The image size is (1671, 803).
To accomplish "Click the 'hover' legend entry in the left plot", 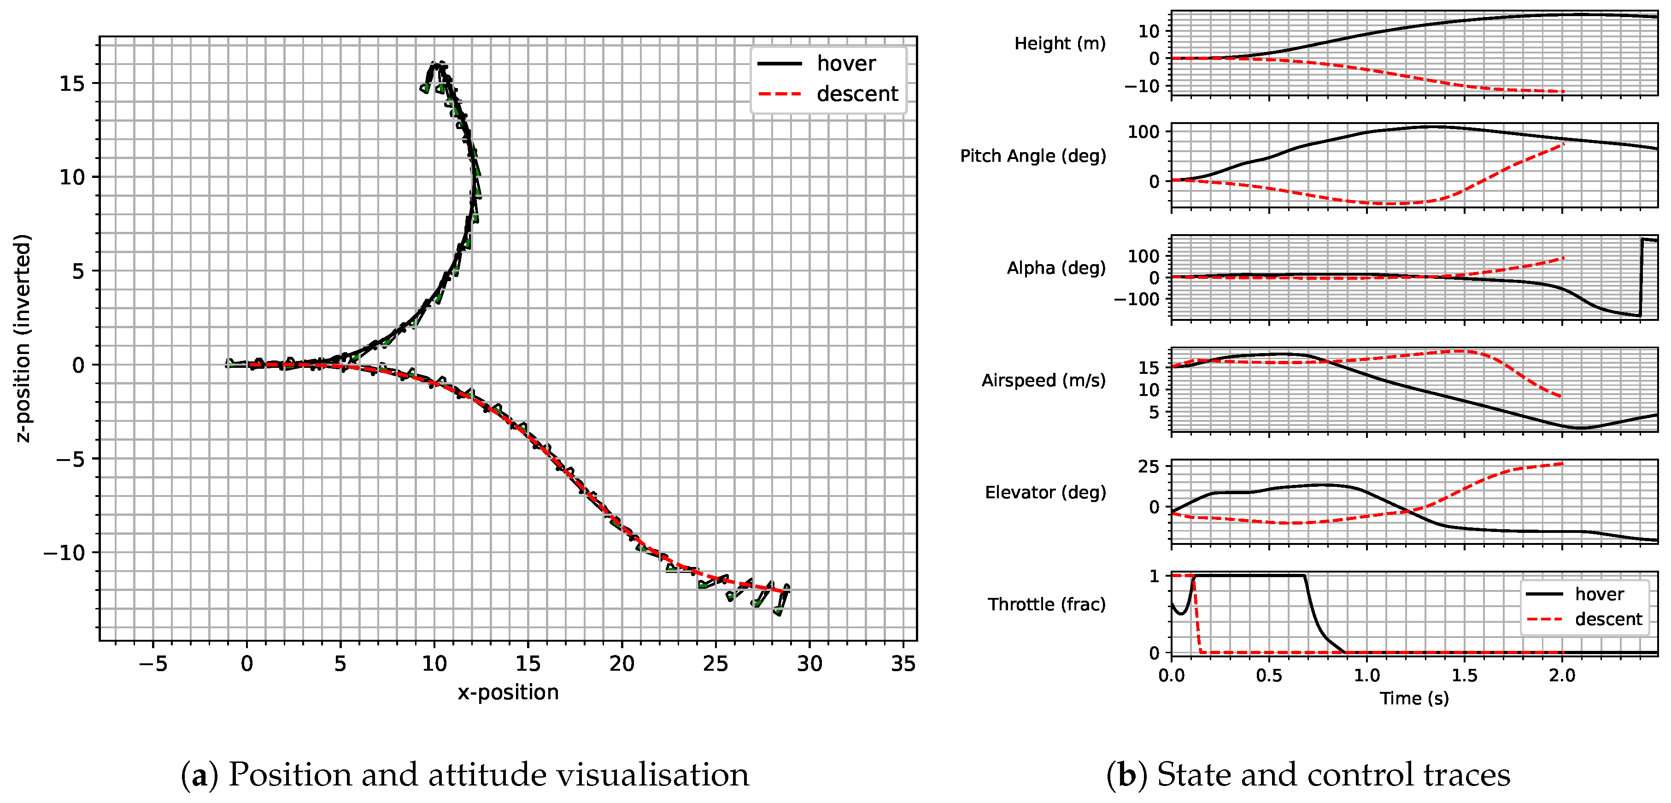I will pyautogui.click(x=845, y=64).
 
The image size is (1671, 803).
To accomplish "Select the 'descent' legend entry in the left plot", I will pyautogui.click(x=856, y=94).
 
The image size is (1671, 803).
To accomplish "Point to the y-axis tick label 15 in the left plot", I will pyautogui.click(x=72, y=84).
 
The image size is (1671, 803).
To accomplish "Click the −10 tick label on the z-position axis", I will pyautogui.click(x=64, y=553).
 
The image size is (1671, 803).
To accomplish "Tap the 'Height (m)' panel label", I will pyautogui.click(x=1059, y=43).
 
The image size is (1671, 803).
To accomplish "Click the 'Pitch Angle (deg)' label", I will pyautogui.click(x=1033, y=156).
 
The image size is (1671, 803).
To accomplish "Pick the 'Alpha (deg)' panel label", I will pyautogui.click(x=1055, y=268).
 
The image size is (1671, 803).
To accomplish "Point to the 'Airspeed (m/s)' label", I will pyautogui.click(x=1043, y=380).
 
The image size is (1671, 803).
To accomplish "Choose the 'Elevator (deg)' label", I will pyautogui.click(x=1045, y=493).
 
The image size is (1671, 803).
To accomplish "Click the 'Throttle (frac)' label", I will pyautogui.click(x=1046, y=604).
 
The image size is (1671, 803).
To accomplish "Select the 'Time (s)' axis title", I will pyautogui.click(x=1414, y=698).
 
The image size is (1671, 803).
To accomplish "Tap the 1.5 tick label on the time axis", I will pyautogui.click(x=1464, y=676).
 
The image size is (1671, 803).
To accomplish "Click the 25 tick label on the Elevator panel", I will pyautogui.click(x=1148, y=467).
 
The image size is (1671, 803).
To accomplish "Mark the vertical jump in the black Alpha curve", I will pyautogui.click(x=1641, y=278).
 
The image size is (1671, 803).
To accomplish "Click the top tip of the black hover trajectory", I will pyautogui.click(x=438, y=63).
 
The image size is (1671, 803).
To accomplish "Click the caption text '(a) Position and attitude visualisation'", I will pyautogui.click(x=464, y=774).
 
